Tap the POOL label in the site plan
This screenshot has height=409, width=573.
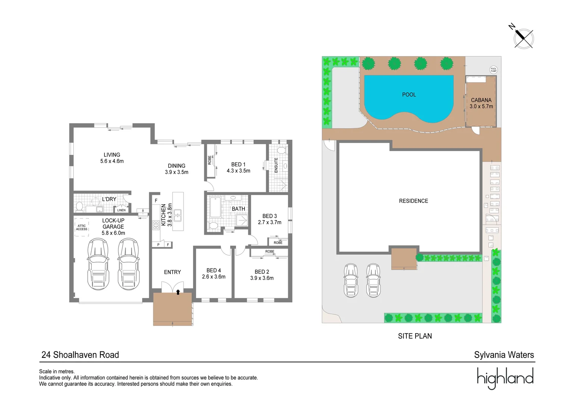(409, 95)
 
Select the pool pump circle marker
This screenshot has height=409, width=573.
(494, 70)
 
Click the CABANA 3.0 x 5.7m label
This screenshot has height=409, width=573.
(481, 103)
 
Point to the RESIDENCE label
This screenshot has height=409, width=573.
(413, 201)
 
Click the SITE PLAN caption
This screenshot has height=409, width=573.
(415, 336)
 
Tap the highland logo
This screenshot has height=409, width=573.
(505, 378)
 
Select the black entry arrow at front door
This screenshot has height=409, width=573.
(178, 292)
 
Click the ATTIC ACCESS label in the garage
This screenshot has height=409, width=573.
(82, 228)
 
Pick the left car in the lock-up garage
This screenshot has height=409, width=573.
(98, 264)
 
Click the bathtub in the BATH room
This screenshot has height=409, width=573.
(215, 207)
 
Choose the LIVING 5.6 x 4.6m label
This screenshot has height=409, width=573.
(112, 158)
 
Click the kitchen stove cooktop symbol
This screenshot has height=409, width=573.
(156, 225)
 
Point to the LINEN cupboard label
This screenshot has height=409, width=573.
(121, 210)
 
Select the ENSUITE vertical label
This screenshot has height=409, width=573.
(276, 165)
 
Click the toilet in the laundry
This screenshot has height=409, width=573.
(79, 207)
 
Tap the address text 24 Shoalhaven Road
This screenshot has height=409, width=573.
(80, 355)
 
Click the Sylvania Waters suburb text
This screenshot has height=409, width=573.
(504, 355)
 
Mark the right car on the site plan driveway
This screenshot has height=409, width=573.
(373, 280)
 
